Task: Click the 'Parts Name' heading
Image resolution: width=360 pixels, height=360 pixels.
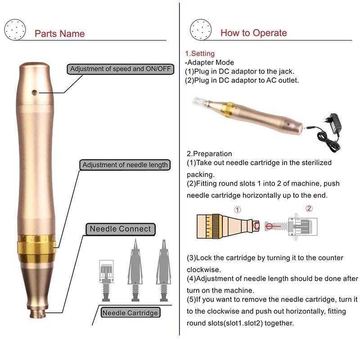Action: click(x=60, y=34)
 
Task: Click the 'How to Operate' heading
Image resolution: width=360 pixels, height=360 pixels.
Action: click(x=254, y=33)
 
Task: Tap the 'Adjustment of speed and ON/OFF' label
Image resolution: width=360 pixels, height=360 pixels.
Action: click(x=120, y=69)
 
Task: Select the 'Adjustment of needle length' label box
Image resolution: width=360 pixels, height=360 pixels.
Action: click(x=125, y=165)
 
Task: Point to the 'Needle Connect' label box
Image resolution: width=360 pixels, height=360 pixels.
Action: click(x=121, y=229)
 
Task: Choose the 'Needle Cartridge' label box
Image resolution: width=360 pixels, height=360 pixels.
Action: click(x=130, y=313)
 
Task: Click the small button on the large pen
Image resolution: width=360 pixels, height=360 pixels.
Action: click(x=35, y=93)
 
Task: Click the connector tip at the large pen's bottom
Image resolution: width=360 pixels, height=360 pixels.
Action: click(x=37, y=313)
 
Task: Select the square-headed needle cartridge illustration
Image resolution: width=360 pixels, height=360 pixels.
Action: click(x=106, y=280)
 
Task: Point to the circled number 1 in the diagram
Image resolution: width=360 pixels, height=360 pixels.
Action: click(x=238, y=210)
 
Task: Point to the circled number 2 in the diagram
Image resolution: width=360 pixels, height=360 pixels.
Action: click(x=309, y=208)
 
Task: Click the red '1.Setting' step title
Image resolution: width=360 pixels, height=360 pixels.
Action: click(x=200, y=54)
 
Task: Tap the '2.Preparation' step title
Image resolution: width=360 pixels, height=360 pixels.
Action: click(x=209, y=153)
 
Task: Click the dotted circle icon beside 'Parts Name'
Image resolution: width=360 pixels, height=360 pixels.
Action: click(x=15, y=30)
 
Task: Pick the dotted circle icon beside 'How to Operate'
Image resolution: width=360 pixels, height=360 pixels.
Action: click(x=201, y=30)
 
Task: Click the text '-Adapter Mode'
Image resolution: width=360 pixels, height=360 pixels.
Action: click(x=209, y=63)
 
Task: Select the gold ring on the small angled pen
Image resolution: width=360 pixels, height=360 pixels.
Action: click(x=228, y=110)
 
